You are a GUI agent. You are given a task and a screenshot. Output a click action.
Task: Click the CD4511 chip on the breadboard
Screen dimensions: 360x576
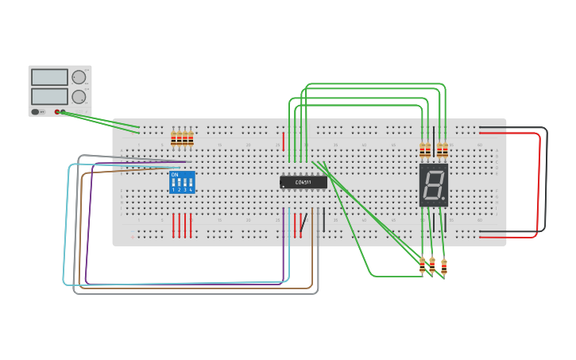(303, 182)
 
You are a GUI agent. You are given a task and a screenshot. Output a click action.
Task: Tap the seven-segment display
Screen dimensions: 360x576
(433, 186)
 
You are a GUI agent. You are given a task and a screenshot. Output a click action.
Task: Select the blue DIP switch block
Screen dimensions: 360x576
(182, 183)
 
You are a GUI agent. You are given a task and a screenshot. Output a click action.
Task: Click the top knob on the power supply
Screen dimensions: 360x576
(79, 77)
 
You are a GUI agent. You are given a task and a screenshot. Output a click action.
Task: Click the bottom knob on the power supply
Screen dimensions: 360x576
(79, 96)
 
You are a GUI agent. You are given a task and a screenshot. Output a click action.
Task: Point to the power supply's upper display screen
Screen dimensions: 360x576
(49, 77)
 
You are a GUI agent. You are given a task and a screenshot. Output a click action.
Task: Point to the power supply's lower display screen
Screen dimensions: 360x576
(49, 95)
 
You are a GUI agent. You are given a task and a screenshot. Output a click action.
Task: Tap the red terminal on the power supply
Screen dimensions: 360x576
(57, 112)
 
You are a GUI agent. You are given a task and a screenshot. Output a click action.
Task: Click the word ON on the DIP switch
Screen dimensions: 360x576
(175, 175)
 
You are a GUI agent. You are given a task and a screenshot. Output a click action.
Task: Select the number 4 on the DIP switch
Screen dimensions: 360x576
(191, 190)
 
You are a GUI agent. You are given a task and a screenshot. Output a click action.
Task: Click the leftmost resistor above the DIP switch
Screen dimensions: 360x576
(174, 138)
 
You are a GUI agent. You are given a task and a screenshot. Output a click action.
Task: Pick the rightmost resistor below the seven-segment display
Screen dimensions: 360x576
(443, 268)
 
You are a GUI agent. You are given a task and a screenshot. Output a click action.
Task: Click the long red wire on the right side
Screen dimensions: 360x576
(540, 183)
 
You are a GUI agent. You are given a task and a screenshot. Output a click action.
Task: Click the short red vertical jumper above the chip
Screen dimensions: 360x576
(284, 141)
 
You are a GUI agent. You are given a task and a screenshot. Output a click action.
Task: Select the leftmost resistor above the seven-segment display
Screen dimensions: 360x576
(422, 149)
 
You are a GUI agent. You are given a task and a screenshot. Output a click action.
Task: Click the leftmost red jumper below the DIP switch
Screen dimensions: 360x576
(174, 226)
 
